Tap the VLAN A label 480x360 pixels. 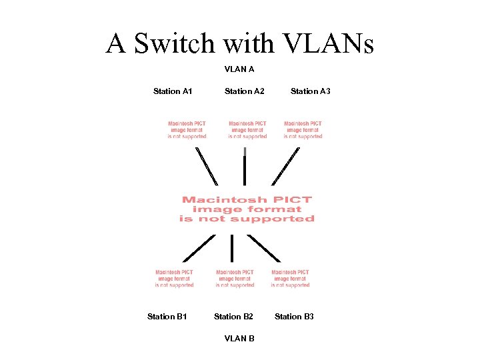pos(239,69)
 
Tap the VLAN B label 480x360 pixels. pos(239,339)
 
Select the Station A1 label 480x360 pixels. pos(173,91)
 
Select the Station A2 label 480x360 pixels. pos(244,91)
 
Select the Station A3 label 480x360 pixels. pos(311,91)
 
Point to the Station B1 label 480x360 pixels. pos(167,317)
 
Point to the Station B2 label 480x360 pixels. pos(233,317)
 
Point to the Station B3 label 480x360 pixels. pos(294,317)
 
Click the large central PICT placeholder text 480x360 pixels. pos(247,209)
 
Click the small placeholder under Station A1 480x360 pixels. pos(187,130)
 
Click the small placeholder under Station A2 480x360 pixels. pos(247,130)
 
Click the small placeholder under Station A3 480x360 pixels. pos(303,130)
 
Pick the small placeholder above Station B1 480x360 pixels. pos(175,279)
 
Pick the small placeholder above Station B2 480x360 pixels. pos(235,279)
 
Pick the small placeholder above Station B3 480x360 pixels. pos(290,279)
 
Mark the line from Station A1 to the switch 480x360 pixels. pos(207,165)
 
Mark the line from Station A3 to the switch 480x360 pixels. pos(286,165)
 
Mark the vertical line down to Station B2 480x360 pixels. pos(232,248)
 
